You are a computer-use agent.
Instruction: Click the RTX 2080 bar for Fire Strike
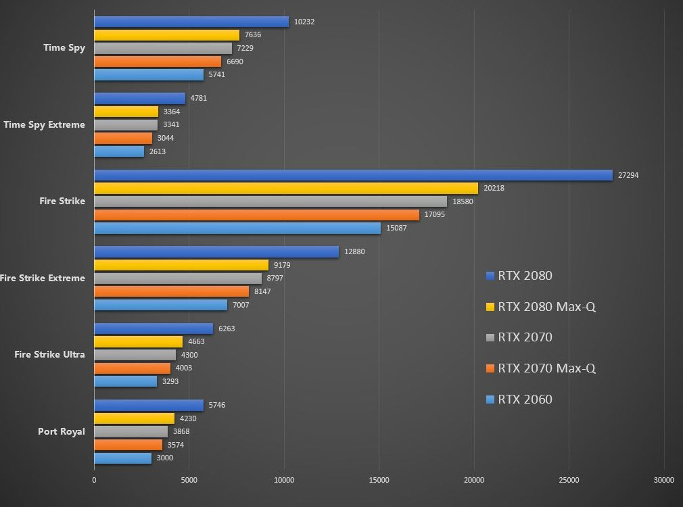353,175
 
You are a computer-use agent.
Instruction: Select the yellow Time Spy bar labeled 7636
166,35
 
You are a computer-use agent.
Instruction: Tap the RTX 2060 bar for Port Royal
122,458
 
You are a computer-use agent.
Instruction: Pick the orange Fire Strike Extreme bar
171,291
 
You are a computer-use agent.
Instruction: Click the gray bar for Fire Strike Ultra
135,355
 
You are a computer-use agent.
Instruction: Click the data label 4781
199,98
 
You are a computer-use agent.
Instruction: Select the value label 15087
396,228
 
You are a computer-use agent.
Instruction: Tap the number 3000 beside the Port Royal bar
165,458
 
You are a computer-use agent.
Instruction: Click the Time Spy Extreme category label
45,124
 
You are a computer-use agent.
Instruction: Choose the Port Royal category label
62,431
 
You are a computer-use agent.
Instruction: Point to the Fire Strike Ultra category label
50,354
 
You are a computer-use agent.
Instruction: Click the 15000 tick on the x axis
379,480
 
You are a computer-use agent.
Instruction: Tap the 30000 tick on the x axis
663,480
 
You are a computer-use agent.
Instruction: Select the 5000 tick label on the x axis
189,480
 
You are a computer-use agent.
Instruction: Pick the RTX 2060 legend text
525,400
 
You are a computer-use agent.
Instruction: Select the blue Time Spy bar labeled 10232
191,22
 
